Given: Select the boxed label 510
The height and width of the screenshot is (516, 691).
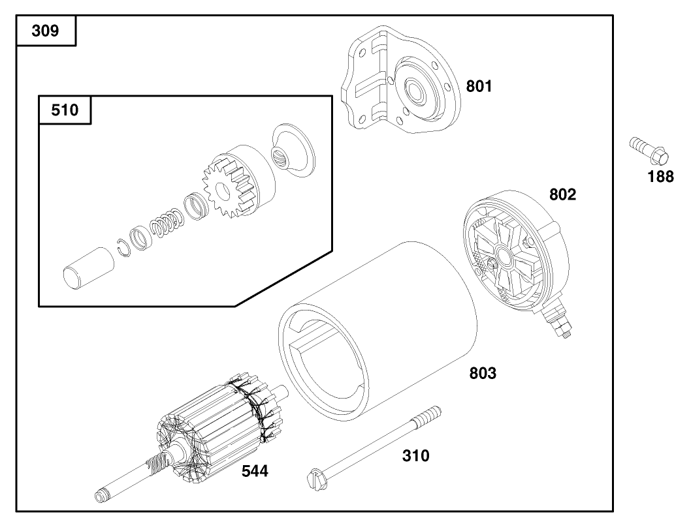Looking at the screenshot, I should [64, 110].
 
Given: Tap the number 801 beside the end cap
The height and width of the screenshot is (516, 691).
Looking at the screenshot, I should [479, 86].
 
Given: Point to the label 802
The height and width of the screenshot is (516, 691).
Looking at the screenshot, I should [562, 194].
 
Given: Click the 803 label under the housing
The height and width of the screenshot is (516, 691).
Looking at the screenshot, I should [483, 374].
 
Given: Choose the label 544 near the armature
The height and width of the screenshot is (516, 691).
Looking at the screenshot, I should [254, 471].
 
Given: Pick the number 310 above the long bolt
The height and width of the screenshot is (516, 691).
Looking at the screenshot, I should [415, 456].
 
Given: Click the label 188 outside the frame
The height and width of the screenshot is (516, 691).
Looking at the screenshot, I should [660, 176].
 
